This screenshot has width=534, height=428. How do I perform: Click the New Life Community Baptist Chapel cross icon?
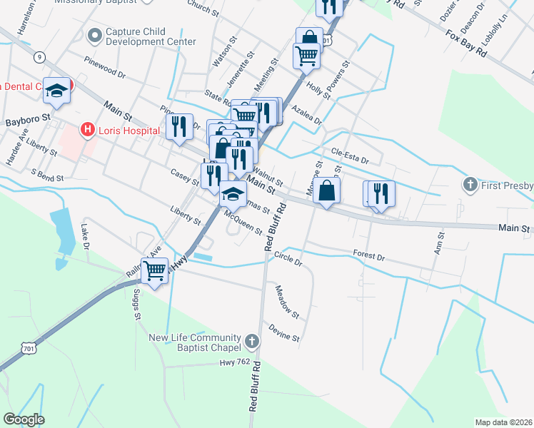252,342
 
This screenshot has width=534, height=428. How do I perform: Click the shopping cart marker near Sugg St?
155,270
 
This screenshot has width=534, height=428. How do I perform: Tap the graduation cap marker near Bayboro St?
56,90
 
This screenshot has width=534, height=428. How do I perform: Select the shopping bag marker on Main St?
326,191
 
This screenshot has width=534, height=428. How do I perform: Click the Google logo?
24,419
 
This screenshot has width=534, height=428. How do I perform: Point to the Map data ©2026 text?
503,422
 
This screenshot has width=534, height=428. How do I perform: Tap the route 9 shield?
39,56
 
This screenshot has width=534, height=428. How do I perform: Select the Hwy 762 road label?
236,363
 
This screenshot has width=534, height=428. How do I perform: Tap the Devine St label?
284,332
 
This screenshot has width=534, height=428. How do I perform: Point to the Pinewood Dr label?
104,68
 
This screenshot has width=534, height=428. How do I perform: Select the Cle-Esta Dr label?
350,156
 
